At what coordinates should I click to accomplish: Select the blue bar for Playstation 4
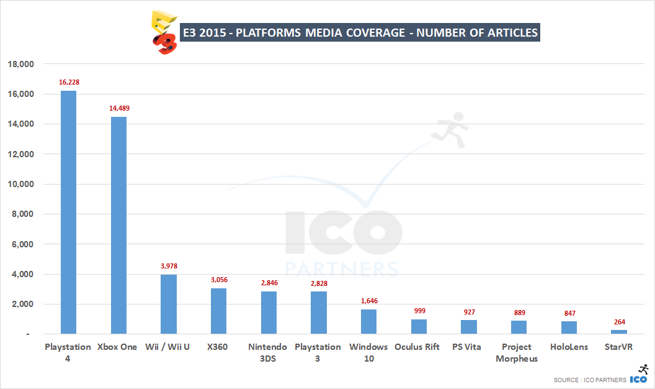[68, 212]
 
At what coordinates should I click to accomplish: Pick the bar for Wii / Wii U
[169, 304]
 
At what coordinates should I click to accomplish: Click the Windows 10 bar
[368, 321]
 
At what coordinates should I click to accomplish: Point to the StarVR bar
[618, 332]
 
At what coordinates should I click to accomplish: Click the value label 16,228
[69, 82]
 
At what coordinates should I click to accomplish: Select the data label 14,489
[118, 108]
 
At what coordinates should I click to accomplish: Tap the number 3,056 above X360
[219, 280]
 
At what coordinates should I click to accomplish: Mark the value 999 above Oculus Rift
[419, 311]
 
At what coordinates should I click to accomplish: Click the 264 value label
[618, 322]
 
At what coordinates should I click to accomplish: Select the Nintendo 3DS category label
[268, 352]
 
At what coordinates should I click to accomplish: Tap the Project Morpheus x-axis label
[517, 352]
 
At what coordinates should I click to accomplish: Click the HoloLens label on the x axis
[568, 347]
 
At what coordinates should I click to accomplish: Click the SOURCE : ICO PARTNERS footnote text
[589, 380]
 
